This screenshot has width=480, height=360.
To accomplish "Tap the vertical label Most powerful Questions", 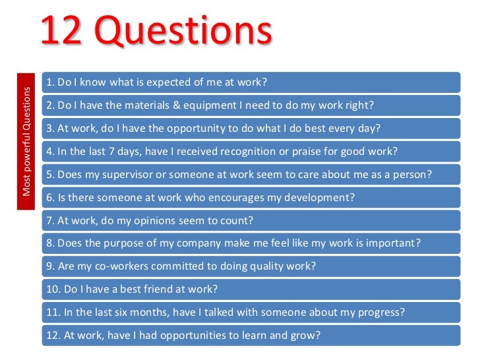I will (x=27, y=141).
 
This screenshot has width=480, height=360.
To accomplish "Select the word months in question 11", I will (x=158, y=312).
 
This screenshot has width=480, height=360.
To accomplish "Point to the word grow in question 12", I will (x=304, y=335).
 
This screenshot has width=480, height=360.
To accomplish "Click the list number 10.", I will (x=52, y=289).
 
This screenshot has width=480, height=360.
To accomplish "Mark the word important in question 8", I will (x=392, y=243).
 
